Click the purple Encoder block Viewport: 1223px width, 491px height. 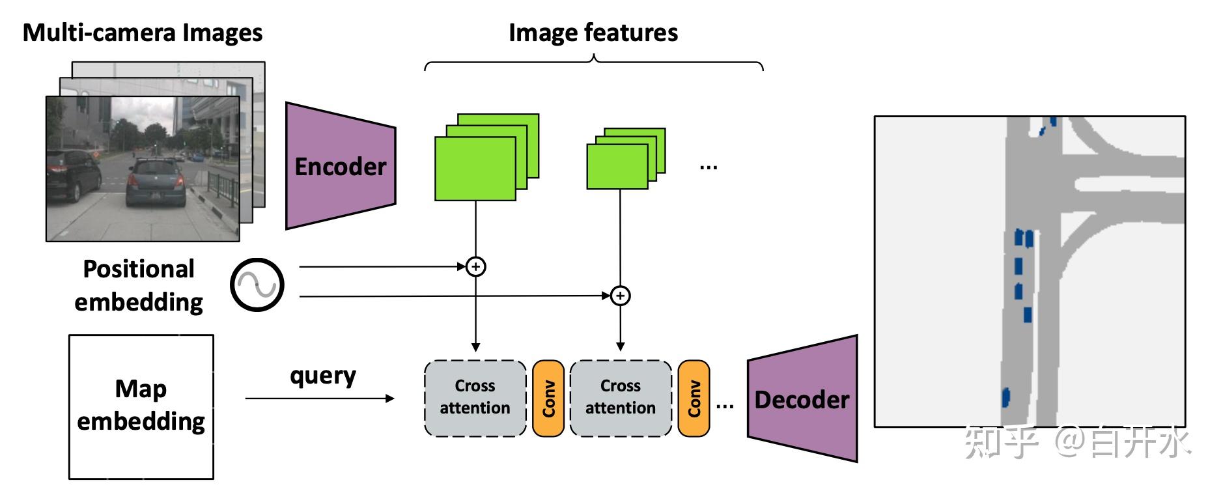coord(340,167)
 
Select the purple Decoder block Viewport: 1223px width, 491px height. coord(802,399)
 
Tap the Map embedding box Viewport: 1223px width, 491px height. coord(141,406)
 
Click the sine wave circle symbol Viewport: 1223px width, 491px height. coord(257,285)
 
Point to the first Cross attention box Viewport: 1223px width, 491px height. coord(475,397)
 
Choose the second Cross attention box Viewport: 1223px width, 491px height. coord(621,397)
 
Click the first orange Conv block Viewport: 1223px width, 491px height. coord(548,398)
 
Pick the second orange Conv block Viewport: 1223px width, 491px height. coord(694,398)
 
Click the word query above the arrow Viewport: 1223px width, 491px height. coord(323,376)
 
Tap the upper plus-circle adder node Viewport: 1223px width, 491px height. coord(476,266)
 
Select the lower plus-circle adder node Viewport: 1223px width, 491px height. coord(621,296)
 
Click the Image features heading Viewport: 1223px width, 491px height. coord(593,33)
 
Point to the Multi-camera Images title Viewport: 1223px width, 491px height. coord(143,33)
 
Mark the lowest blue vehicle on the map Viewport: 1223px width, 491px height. coord(1005,396)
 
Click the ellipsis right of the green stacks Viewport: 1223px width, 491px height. coord(709,167)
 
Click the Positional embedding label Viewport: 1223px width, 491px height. coord(138,285)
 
